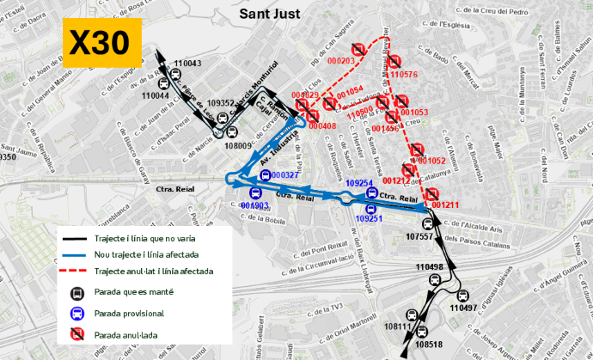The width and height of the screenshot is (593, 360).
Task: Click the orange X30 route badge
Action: [x=100, y=44]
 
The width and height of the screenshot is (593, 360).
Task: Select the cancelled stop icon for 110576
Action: [x=394, y=61]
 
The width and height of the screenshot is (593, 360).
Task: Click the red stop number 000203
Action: [x=341, y=61]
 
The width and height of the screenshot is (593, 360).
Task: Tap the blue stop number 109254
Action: [x=359, y=183]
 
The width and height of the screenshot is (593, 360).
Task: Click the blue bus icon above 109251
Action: [x=370, y=208]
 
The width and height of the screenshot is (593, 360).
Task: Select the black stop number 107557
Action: [x=420, y=235]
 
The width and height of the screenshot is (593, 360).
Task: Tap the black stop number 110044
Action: [x=156, y=95]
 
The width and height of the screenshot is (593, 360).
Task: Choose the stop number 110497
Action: [x=462, y=307]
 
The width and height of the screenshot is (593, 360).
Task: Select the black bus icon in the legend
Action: [x=76, y=292]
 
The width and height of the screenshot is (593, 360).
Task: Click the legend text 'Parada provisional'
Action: [x=129, y=314]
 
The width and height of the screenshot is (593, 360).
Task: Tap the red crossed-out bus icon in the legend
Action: [x=76, y=334]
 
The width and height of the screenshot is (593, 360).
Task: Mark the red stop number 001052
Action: [x=431, y=161]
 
